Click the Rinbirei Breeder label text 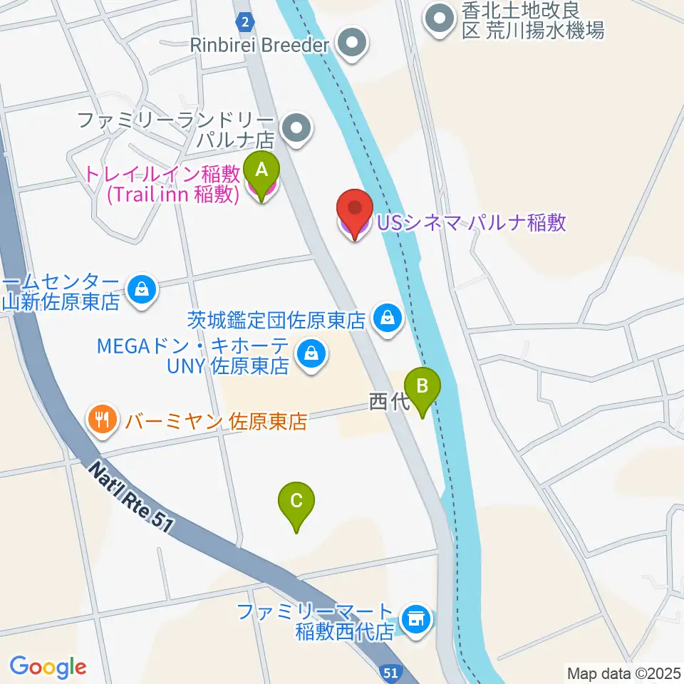[x=259, y=45]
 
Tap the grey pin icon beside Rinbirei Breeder [x=353, y=44]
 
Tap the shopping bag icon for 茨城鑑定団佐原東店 [x=388, y=318]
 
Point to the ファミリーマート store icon [x=415, y=618]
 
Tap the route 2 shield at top [x=245, y=22]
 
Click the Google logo [x=48, y=667]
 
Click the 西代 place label [x=385, y=403]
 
